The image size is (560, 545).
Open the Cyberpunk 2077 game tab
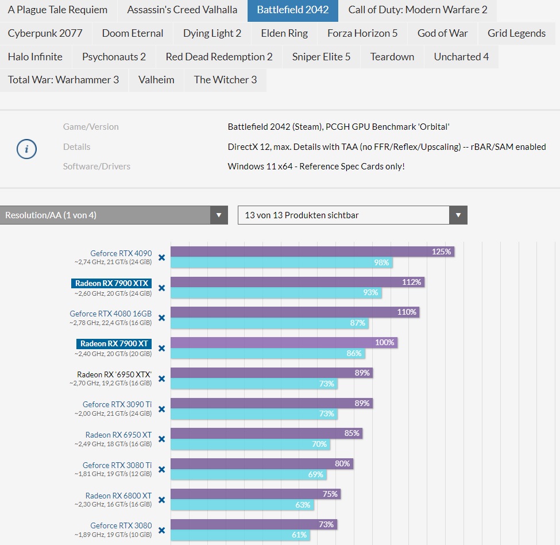[x=45, y=33]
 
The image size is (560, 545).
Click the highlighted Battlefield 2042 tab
[x=293, y=10]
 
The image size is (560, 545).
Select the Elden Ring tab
[x=284, y=33]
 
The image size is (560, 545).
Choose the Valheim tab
[x=156, y=80]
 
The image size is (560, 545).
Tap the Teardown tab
[x=392, y=57]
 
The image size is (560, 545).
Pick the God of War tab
[x=443, y=33]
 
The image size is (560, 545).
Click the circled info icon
[x=26, y=149]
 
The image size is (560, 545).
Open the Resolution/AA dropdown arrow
[x=218, y=215]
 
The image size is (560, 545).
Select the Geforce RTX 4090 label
[x=121, y=253]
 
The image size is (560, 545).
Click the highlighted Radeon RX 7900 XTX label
[x=112, y=283]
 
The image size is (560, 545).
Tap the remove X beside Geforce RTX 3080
[x=161, y=531]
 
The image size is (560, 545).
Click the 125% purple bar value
[x=442, y=252]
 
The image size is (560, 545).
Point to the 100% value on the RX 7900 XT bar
[x=384, y=343]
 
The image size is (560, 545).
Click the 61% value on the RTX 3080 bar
[x=299, y=535]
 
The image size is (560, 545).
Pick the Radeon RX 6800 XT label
[x=118, y=496]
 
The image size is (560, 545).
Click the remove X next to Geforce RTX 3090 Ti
[x=161, y=409]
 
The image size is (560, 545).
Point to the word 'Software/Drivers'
[x=96, y=167]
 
